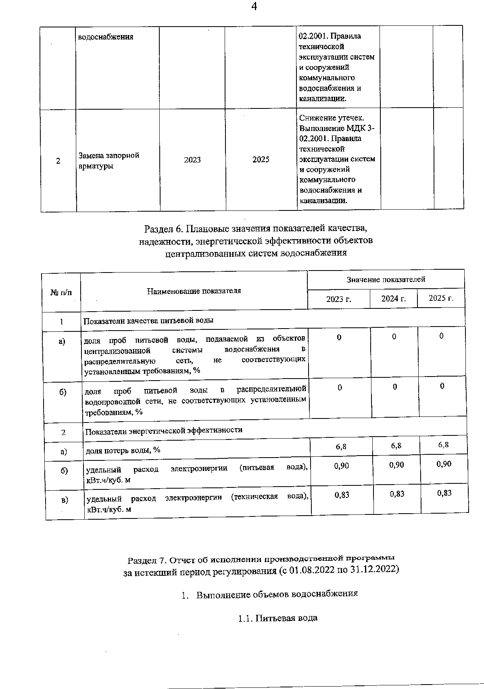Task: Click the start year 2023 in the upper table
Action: (192, 160)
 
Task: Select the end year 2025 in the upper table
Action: (261, 160)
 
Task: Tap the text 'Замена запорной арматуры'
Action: (109, 160)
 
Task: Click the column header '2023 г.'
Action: (339, 299)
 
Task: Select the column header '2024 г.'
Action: (394, 298)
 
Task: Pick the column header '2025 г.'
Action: (441, 298)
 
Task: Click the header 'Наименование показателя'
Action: (194, 291)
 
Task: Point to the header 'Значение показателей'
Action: (386, 279)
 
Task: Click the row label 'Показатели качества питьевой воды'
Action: (148, 321)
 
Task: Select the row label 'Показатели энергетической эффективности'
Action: (164, 430)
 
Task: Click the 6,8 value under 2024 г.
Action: (396, 446)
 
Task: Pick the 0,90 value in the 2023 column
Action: (342, 466)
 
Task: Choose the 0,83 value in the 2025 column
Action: (444, 493)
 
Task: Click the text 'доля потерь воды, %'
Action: (123, 450)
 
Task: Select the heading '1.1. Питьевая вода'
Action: (278, 618)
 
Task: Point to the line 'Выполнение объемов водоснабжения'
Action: (277, 594)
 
